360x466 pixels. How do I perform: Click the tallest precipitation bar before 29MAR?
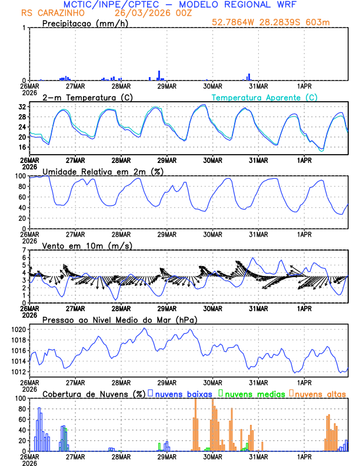click(x=159, y=75)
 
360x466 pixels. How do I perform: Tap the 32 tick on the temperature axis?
click(x=22, y=107)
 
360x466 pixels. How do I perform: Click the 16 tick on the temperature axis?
click(x=22, y=147)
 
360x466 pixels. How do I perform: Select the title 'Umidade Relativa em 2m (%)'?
click(x=101, y=171)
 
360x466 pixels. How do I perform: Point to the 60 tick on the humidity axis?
click(x=22, y=197)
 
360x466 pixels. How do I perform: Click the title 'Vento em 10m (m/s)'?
click(x=87, y=245)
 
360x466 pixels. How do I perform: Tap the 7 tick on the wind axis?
click(x=24, y=251)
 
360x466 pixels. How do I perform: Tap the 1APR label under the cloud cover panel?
click(x=304, y=457)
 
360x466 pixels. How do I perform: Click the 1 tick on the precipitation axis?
click(x=24, y=28)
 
